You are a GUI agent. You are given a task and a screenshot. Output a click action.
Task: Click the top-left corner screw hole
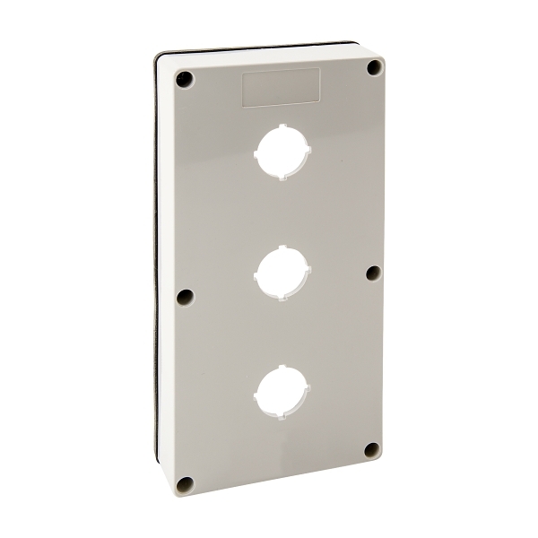[x=184, y=79]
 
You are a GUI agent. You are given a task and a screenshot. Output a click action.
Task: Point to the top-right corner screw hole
[x=374, y=68]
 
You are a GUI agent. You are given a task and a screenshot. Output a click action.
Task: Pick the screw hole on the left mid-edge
[x=185, y=297]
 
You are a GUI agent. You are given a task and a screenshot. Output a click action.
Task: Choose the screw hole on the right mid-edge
[x=374, y=271]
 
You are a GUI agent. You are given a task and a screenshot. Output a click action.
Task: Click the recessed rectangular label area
[x=282, y=89]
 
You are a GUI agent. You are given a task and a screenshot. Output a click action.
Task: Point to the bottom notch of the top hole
[x=282, y=178]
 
